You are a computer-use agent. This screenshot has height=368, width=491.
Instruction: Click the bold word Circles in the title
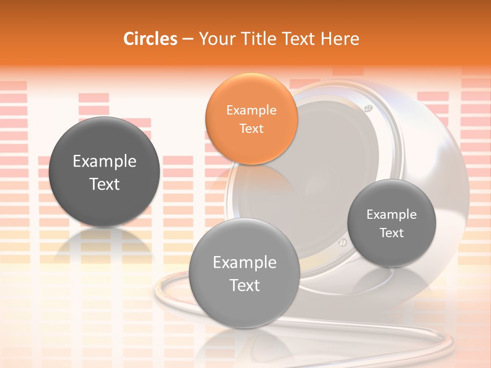coord(150,39)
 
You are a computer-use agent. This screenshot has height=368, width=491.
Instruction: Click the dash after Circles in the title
coord(187,39)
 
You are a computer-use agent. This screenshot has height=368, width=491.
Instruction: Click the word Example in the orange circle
coord(251,110)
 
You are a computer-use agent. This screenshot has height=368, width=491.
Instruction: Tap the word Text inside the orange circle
coord(251,128)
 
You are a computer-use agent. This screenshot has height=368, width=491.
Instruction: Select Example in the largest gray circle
coord(104,162)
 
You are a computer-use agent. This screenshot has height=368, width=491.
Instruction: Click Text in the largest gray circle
coord(104,184)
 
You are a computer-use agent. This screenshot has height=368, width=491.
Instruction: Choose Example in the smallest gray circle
coord(391,215)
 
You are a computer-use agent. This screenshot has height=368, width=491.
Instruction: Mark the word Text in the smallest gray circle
coord(391,233)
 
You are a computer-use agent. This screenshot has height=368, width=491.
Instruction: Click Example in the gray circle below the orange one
coord(244,263)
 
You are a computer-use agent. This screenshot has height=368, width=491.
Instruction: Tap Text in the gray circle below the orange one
coord(244,285)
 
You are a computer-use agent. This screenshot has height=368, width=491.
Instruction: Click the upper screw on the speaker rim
coord(367,108)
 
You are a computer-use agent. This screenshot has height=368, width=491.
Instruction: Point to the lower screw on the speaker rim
coord(342,242)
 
